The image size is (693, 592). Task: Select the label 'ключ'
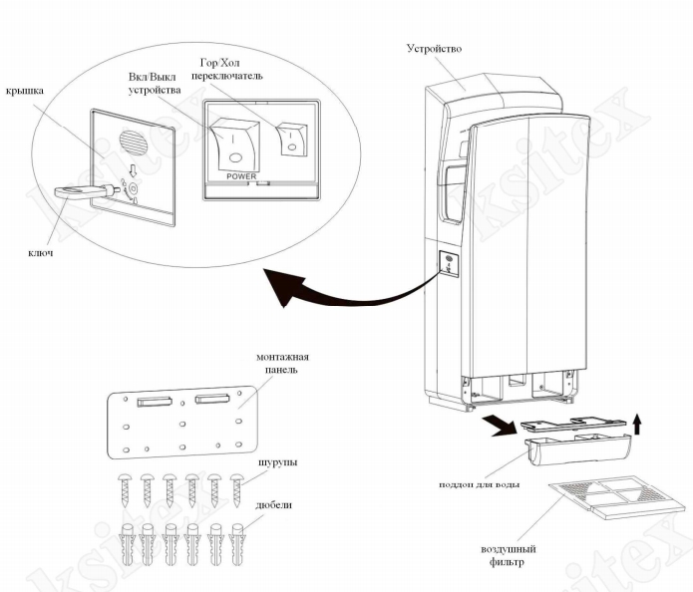pyautogui.click(x=40, y=253)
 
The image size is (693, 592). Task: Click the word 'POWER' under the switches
pyautogui.click(x=241, y=175)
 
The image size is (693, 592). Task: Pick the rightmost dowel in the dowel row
pyautogui.click(x=237, y=542)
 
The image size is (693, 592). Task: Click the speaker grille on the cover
pyautogui.click(x=131, y=137)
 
